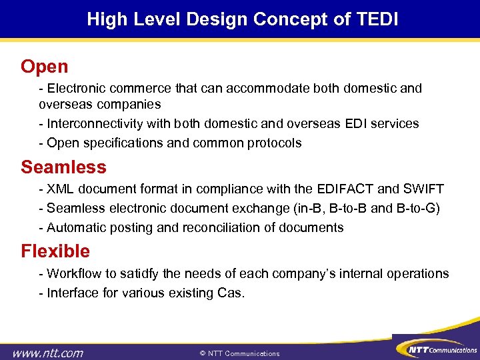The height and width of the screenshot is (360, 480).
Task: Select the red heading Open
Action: [44, 67]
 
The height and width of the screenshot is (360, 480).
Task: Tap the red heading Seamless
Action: [63, 166]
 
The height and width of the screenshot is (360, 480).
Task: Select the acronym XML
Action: [61, 189]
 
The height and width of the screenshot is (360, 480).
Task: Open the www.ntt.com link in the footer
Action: [47, 353]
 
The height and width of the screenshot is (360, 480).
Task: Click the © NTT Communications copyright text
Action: [239, 353]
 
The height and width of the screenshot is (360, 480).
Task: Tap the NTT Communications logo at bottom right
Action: [436, 348]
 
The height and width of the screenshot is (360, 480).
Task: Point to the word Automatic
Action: [74, 228]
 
